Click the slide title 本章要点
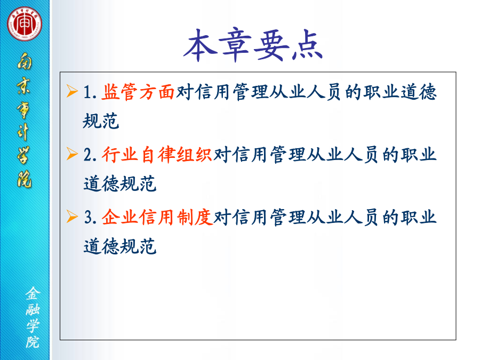(x=253, y=45)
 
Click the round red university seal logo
(x=25, y=23)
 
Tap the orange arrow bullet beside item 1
(x=72, y=91)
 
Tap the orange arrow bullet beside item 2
(x=72, y=154)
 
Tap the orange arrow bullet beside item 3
(x=72, y=217)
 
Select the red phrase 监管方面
(x=138, y=92)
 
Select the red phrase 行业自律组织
(x=157, y=154)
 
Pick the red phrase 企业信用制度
(x=157, y=217)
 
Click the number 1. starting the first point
(x=90, y=92)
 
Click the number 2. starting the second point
(x=90, y=155)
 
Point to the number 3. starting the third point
(x=90, y=218)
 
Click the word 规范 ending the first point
(x=101, y=121)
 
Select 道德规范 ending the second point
(x=119, y=183)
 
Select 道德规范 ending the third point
(x=119, y=246)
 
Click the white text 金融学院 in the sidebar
(x=32, y=317)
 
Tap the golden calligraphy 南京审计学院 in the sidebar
(x=24, y=119)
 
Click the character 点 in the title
(x=307, y=45)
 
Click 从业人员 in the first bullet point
(x=305, y=92)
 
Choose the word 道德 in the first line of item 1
(x=419, y=92)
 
